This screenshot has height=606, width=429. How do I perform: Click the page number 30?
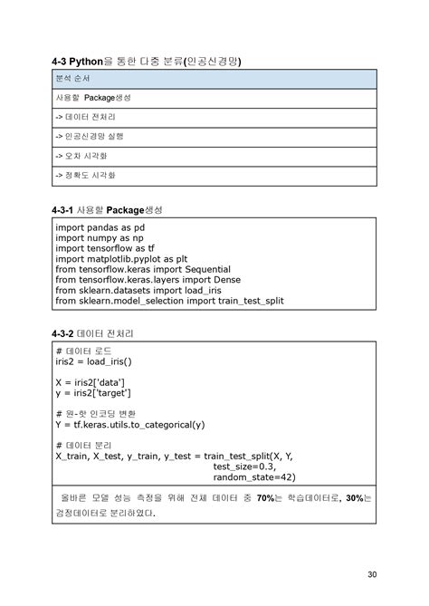tap(372, 573)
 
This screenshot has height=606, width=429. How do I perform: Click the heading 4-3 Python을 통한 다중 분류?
tap(148, 62)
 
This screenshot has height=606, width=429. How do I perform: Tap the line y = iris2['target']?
tap(93, 393)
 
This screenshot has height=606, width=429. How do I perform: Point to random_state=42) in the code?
tap(254, 477)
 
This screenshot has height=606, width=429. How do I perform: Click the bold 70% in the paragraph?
tap(265, 498)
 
